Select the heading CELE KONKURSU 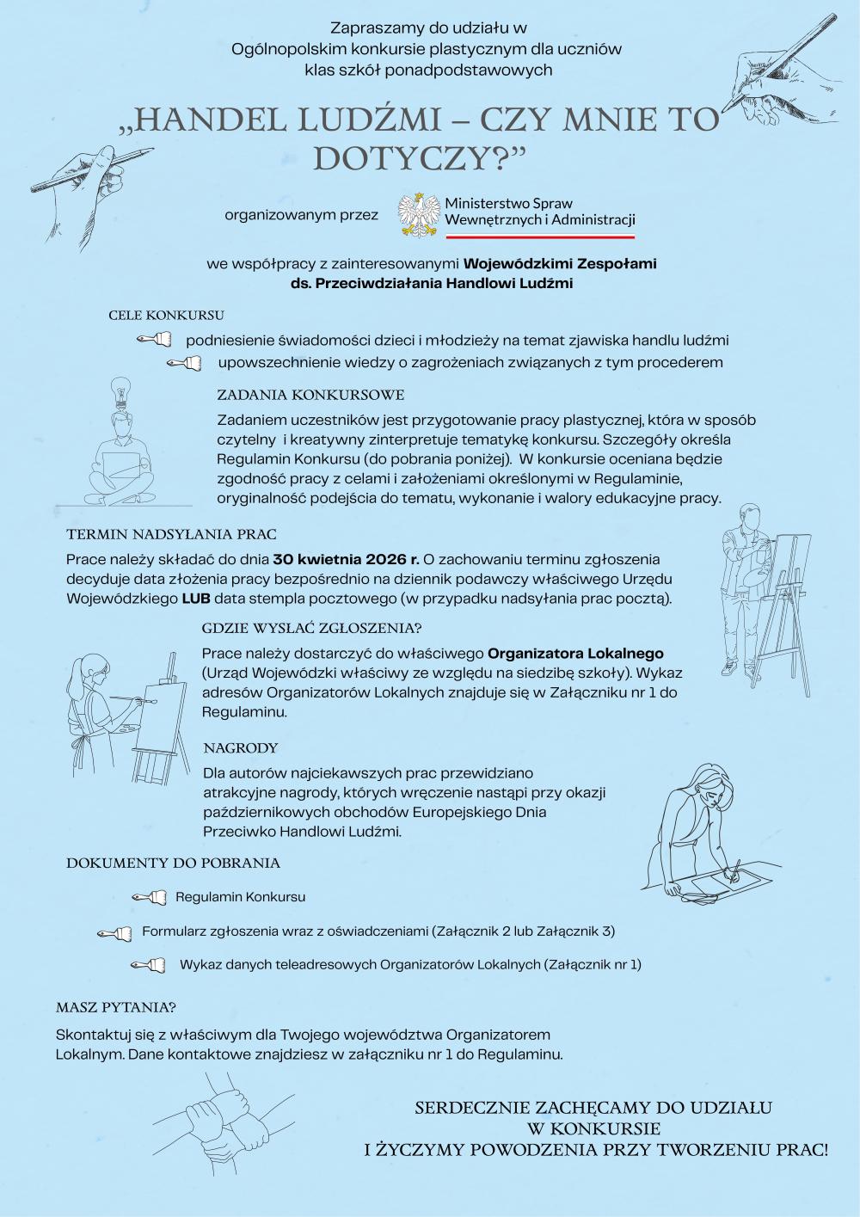click(x=166, y=316)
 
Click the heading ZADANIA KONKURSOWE click(x=310, y=396)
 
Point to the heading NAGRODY click(x=241, y=748)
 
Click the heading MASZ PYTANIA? click(x=116, y=1007)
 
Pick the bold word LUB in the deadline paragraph click(x=196, y=598)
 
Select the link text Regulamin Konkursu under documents click(x=241, y=897)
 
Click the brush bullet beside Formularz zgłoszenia click(x=114, y=931)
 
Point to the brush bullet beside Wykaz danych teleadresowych click(x=148, y=965)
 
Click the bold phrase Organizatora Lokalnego click(x=576, y=654)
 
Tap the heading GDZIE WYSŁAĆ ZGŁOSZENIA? click(x=312, y=628)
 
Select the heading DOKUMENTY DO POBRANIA click(x=174, y=863)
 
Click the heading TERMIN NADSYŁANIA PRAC click(x=171, y=535)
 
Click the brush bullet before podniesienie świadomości click(x=155, y=341)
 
